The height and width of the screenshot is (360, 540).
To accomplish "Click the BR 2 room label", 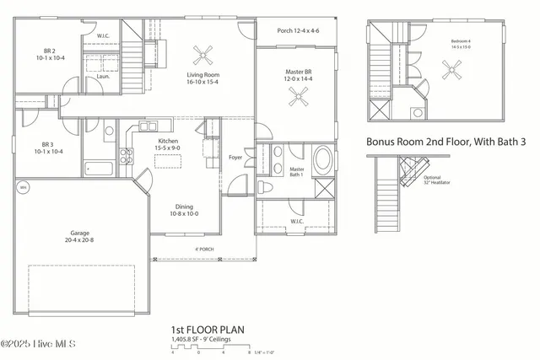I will click(x=50, y=55).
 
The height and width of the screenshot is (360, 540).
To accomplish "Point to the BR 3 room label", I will click(x=50, y=148).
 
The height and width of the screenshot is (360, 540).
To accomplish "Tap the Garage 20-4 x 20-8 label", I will click(x=82, y=236).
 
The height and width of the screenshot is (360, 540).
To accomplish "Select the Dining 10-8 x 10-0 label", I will click(x=183, y=210).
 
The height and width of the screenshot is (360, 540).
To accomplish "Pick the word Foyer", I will click(x=237, y=158).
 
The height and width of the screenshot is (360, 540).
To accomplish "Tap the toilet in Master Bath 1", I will click(x=264, y=186).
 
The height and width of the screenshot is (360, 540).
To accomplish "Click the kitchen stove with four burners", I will click(x=127, y=155).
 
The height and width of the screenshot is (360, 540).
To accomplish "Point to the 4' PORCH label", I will click(x=203, y=250).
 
